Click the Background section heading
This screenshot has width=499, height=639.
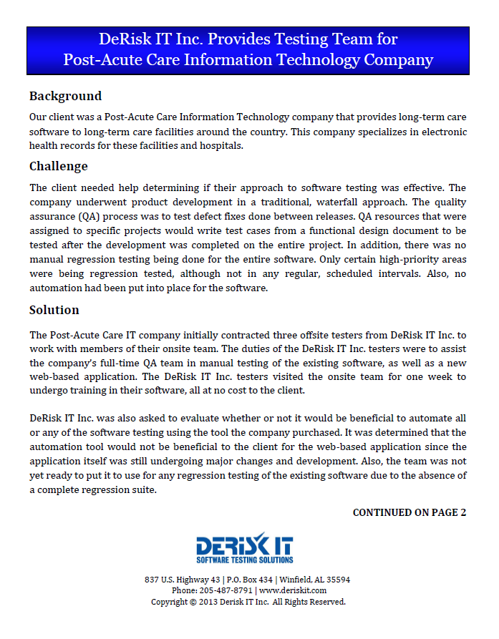[x=65, y=96]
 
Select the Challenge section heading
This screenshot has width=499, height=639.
[x=58, y=166]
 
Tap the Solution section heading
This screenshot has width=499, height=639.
[x=54, y=310]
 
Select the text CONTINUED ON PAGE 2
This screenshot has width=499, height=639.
[x=410, y=512]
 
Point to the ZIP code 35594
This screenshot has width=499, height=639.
[x=337, y=579]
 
